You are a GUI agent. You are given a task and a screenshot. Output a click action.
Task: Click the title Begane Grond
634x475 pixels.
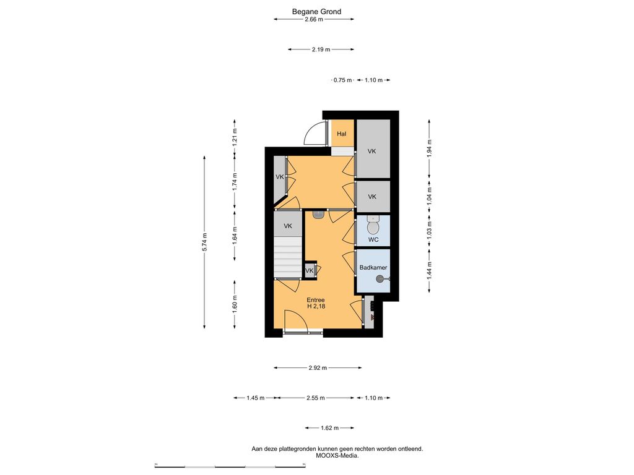click(316, 11)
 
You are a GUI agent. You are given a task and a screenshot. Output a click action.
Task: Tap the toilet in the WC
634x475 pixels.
click(373, 225)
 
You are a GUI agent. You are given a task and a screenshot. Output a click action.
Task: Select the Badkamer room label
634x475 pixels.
click(373, 267)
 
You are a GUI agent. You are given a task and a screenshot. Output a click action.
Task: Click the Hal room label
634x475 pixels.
click(342, 134)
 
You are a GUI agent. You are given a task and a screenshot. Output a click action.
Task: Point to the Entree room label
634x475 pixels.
click(315, 300)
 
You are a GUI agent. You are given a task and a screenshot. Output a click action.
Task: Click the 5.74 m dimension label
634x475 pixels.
click(204, 242)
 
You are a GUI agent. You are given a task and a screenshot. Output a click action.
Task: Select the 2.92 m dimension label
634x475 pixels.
click(318, 367)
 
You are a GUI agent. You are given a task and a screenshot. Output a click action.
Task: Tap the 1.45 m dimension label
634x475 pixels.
click(256, 398)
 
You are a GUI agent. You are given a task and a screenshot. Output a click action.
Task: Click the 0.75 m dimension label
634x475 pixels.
click(343, 80)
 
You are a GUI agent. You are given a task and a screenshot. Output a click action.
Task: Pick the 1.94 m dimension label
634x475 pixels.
click(430, 148)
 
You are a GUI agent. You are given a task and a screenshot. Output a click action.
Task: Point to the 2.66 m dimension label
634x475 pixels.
click(314, 19)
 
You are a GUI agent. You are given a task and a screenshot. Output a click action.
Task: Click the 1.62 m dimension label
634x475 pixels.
click(329, 428)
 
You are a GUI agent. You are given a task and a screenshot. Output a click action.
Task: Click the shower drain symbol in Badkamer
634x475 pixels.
click(380, 279)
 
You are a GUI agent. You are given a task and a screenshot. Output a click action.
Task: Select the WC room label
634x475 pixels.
click(373, 239)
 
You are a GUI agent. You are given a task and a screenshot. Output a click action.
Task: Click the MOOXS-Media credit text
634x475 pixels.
click(337, 456)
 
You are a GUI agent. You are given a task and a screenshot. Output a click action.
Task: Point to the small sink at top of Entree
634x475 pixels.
click(318, 214)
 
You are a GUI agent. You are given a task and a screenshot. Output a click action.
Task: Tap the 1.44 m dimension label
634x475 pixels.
click(430, 271)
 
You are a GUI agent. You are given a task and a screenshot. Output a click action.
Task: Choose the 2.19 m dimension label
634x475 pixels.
click(321, 49)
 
